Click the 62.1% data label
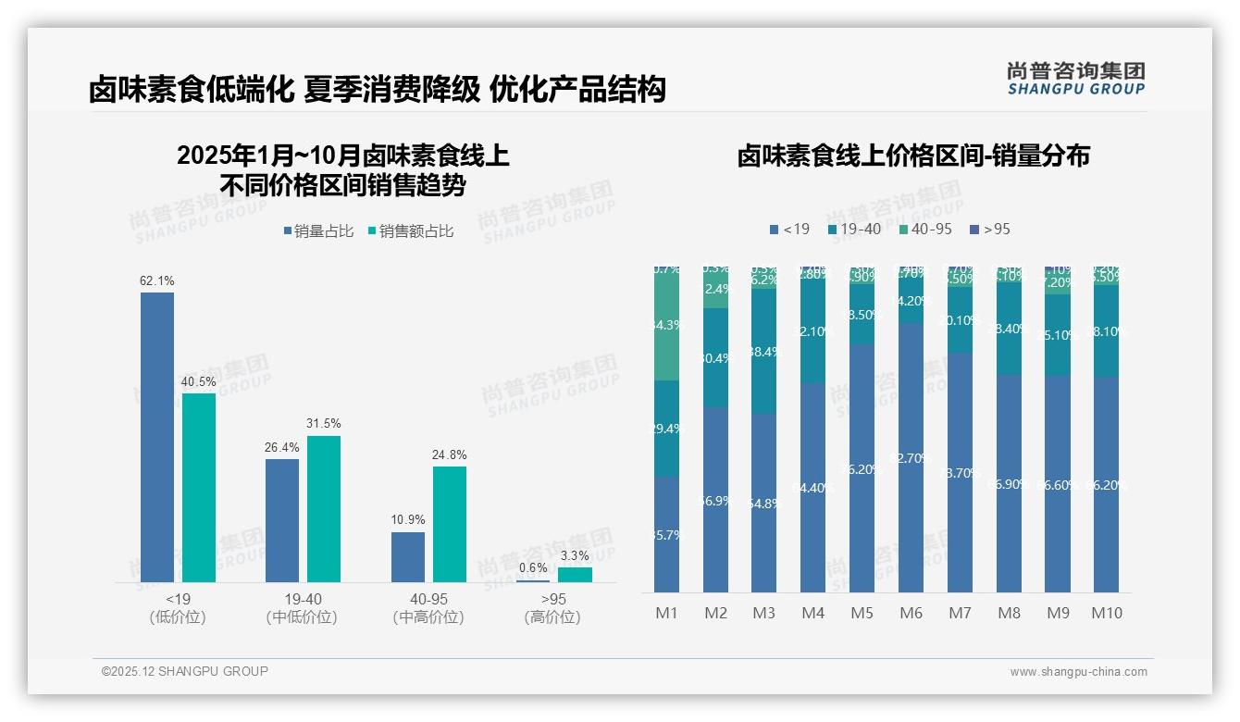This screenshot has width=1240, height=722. pos(157,280)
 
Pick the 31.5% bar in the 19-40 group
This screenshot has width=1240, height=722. pos(324,508)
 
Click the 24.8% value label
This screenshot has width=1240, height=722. pos(450,454)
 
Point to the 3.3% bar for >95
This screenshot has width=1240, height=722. pos(575,575)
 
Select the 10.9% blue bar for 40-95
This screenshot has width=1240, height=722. pos(408,556)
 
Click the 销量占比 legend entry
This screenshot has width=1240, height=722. pos(318,231)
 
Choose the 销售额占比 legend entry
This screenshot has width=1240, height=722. pos(411,231)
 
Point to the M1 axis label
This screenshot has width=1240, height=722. pos(667,613)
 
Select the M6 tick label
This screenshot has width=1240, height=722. pos(911,613)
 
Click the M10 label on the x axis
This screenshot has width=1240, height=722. pos(1107,613)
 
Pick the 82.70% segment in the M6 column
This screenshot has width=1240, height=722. pos(911,457)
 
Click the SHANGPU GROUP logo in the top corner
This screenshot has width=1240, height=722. pos(1076,79)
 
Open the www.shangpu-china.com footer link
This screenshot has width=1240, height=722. pos(1078,672)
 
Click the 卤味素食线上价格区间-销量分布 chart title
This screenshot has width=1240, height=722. pos(913,156)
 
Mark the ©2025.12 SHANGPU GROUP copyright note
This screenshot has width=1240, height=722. pos(185,671)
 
